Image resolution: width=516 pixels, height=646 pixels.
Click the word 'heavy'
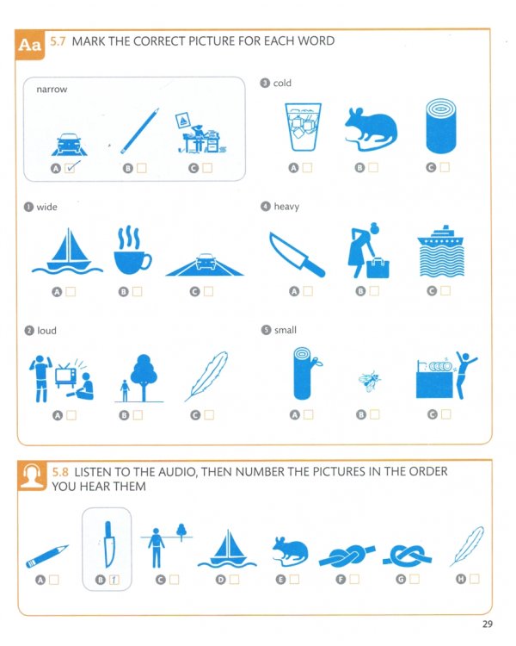click(x=286, y=207)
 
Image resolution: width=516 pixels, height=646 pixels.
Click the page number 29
click(x=488, y=624)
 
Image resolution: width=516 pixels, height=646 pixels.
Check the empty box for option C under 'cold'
click(x=445, y=167)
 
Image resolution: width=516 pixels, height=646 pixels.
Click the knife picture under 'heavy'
click(x=297, y=253)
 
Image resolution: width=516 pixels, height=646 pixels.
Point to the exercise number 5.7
click(x=59, y=40)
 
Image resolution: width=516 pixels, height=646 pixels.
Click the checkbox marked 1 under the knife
click(x=114, y=580)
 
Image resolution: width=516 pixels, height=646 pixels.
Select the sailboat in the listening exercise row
click(x=228, y=546)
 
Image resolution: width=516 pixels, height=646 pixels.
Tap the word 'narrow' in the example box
click(x=52, y=89)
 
